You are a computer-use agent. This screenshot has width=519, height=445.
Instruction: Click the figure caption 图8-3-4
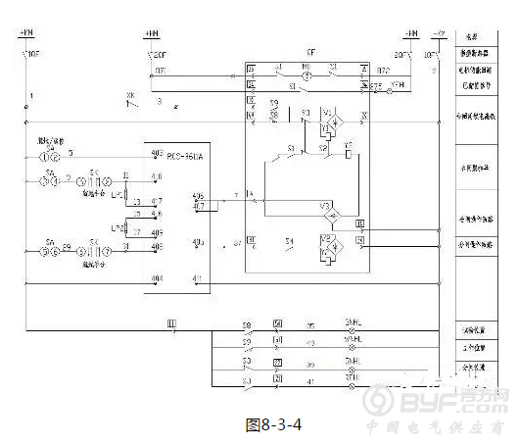271,424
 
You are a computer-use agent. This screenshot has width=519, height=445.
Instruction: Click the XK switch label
130,95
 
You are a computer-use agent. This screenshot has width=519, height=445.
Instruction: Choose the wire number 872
384,71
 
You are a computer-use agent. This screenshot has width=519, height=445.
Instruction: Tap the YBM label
398,86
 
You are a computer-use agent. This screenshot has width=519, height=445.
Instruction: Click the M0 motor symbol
306,71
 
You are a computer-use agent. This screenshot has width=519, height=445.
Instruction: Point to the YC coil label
349,145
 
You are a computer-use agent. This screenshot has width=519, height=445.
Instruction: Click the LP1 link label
118,194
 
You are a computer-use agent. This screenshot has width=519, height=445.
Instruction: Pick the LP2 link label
118,228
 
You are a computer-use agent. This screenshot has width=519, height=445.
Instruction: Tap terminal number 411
197,279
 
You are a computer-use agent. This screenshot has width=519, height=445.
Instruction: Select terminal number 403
197,241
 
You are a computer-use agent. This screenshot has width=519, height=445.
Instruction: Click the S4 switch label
289,240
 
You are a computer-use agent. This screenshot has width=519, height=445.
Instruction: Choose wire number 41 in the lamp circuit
311,379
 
